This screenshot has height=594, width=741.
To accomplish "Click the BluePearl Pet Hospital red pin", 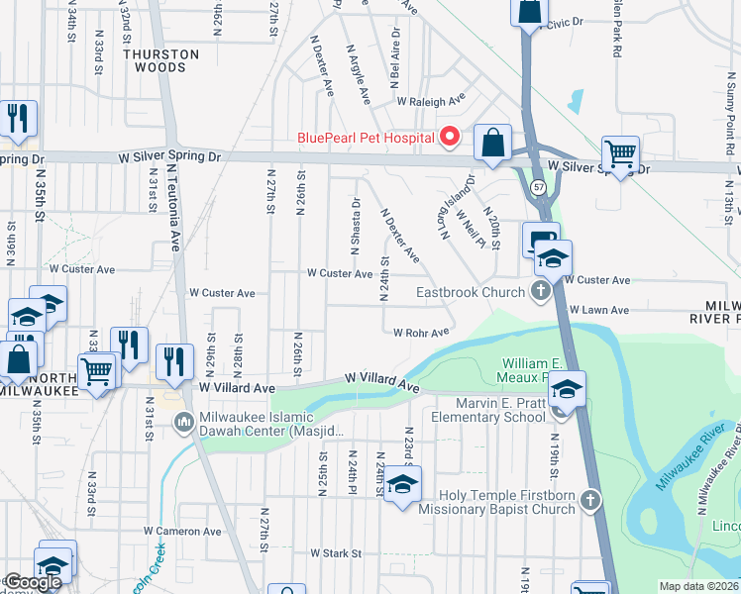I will click(x=450, y=137).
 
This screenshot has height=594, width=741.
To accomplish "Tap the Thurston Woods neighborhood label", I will click(x=155, y=61).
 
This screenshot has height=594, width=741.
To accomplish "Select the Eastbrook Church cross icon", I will click(x=540, y=292).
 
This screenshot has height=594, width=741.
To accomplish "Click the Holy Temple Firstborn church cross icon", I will click(x=590, y=501).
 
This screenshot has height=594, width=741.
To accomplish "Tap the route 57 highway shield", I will click(x=538, y=186).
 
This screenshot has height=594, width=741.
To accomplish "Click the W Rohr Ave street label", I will click(x=420, y=333).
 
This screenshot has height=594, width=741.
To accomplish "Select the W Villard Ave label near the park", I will click(x=382, y=381).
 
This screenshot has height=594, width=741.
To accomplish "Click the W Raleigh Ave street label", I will click(x=431, y=101).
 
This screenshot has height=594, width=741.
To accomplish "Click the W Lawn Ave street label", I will click(x=599, y=310).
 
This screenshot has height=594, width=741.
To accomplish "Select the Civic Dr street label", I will click(x=567, y=21).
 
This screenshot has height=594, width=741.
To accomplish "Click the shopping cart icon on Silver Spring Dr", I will click(x=620, y=153).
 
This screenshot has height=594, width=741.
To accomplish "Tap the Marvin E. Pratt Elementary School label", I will click(x=488, y=410).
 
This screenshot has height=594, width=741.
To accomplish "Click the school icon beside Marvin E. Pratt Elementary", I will click(x=567, y=388).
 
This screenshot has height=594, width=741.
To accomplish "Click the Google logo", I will click(x=33, y=582).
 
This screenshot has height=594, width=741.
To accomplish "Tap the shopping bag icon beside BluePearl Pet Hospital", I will click(x=492, y=143).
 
